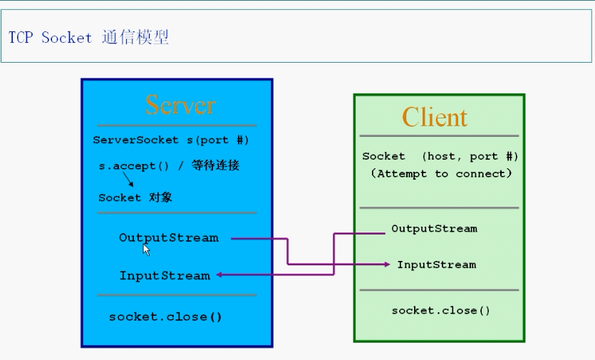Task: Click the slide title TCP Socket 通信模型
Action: (x=88, y=38)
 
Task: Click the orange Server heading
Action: (x=180, y=105)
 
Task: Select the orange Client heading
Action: (x=434, y=117)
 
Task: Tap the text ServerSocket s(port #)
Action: (x=171, y=140)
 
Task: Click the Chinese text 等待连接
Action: (x=215, y=166)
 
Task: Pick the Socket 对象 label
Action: (x=135, y=197)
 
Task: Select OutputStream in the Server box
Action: (x=168, y=237)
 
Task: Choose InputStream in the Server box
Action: (x=165, y=275)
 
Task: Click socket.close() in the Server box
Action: (x=165, y=317)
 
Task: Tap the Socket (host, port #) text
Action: (x=440, y=156)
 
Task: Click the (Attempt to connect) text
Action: (x=441, y=173)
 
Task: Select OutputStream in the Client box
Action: (x=434, y=229)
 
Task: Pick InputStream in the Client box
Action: (x=436, y=264)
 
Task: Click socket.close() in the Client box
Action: (x=441, y=310)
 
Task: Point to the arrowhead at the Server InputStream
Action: (x=219, y=274)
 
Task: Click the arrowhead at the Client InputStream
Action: (x=386, y=264)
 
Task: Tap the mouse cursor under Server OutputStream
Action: (x=146, y=250)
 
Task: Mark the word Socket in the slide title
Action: (x=67, y=38)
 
